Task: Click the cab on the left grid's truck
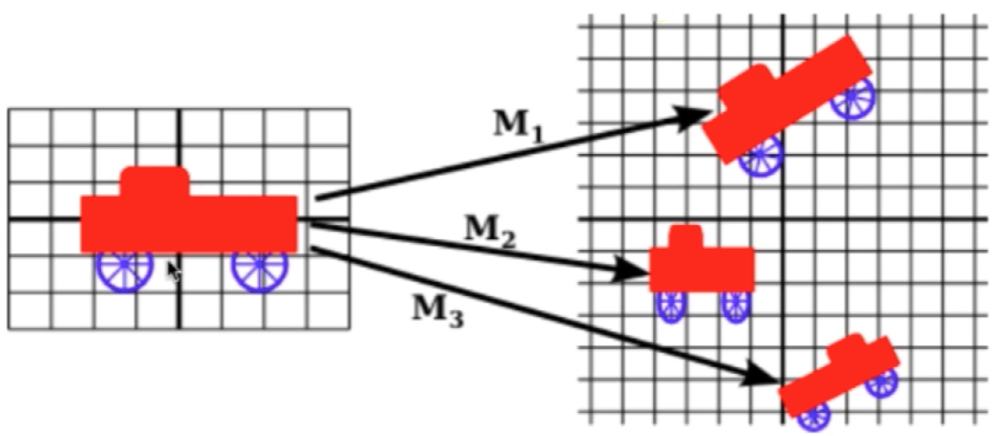[155, 181]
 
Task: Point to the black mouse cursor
[173, 270]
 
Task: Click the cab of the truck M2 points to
[685, 237]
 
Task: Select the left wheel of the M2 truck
[671, 306]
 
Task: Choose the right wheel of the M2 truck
[735, 306]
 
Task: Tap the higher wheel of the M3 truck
[881, 382]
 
